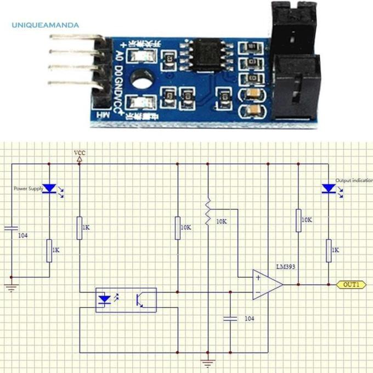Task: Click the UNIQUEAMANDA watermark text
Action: click(45, 25)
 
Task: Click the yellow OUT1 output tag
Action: click(351, 285)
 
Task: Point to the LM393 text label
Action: click(286, 267)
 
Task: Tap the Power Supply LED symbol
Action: click(49, 189)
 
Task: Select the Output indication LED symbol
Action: click(329, 189)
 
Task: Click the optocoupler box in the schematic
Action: click(126, 300)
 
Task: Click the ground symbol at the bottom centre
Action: click(208, 363)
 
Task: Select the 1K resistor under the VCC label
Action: click(80, 228)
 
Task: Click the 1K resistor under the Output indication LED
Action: click(329, 250)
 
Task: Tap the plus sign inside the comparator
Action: click(257, 278)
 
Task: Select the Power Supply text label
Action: click(28, 189)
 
